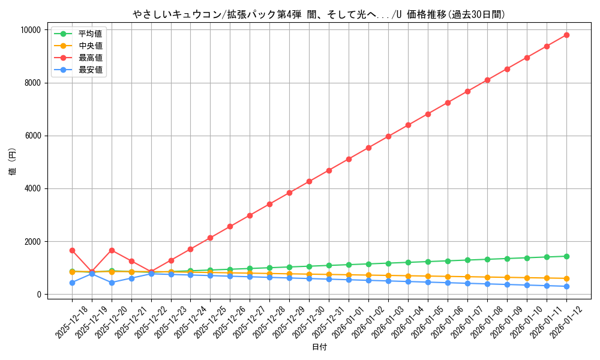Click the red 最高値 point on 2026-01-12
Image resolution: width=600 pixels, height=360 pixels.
(566, 35)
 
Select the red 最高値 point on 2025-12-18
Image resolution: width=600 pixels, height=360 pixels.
(72, 250)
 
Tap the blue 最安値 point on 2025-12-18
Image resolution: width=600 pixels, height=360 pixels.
(72, 283)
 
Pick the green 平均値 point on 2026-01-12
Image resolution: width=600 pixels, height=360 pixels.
(566, 256)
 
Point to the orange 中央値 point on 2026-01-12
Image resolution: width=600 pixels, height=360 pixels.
(566, 278)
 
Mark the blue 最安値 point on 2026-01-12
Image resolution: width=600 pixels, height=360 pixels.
(566, 286)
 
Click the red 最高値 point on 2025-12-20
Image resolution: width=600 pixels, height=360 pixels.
(112, 250)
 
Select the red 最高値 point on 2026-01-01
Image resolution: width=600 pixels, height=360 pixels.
(349, 159)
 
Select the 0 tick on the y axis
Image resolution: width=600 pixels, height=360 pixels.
(38, 295)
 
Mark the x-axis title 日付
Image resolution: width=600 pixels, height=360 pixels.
(319, 347)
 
